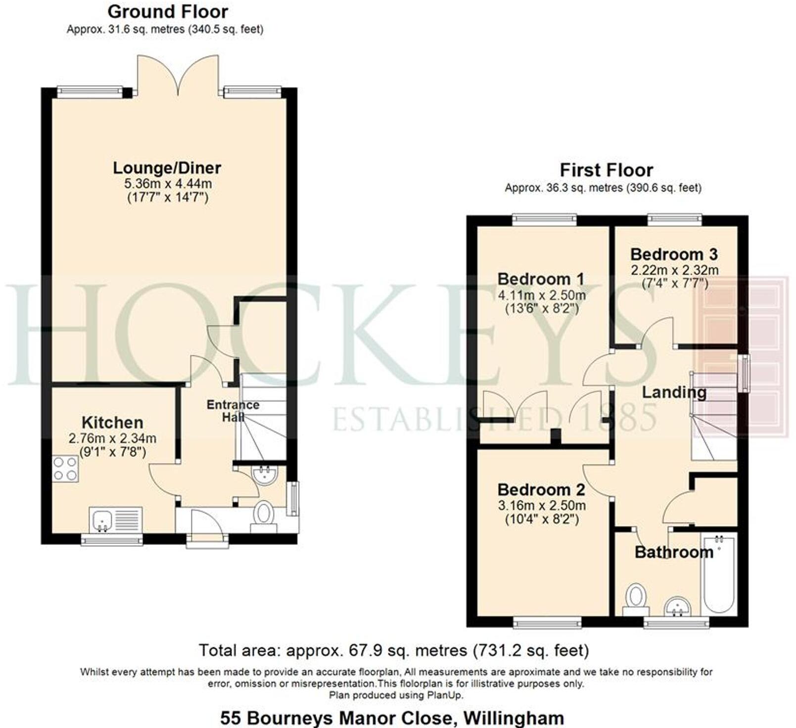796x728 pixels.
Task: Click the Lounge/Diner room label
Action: click(167, 168)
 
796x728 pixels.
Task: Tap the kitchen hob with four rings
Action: click(65, 469)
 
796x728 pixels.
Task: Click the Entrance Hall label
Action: click(233, 411)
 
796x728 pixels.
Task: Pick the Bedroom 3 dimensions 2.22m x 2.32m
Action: click(674, 271)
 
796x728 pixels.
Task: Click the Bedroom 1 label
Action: click(541, 279)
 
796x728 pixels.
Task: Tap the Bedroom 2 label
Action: click(541, 489)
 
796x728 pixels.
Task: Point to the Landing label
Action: click(674, 392)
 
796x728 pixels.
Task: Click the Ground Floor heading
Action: click(168, 11)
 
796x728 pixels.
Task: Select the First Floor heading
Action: click(606, 170)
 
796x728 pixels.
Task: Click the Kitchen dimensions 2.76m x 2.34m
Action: click(113, 438)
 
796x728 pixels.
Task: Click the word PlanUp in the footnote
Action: click(447, 695)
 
